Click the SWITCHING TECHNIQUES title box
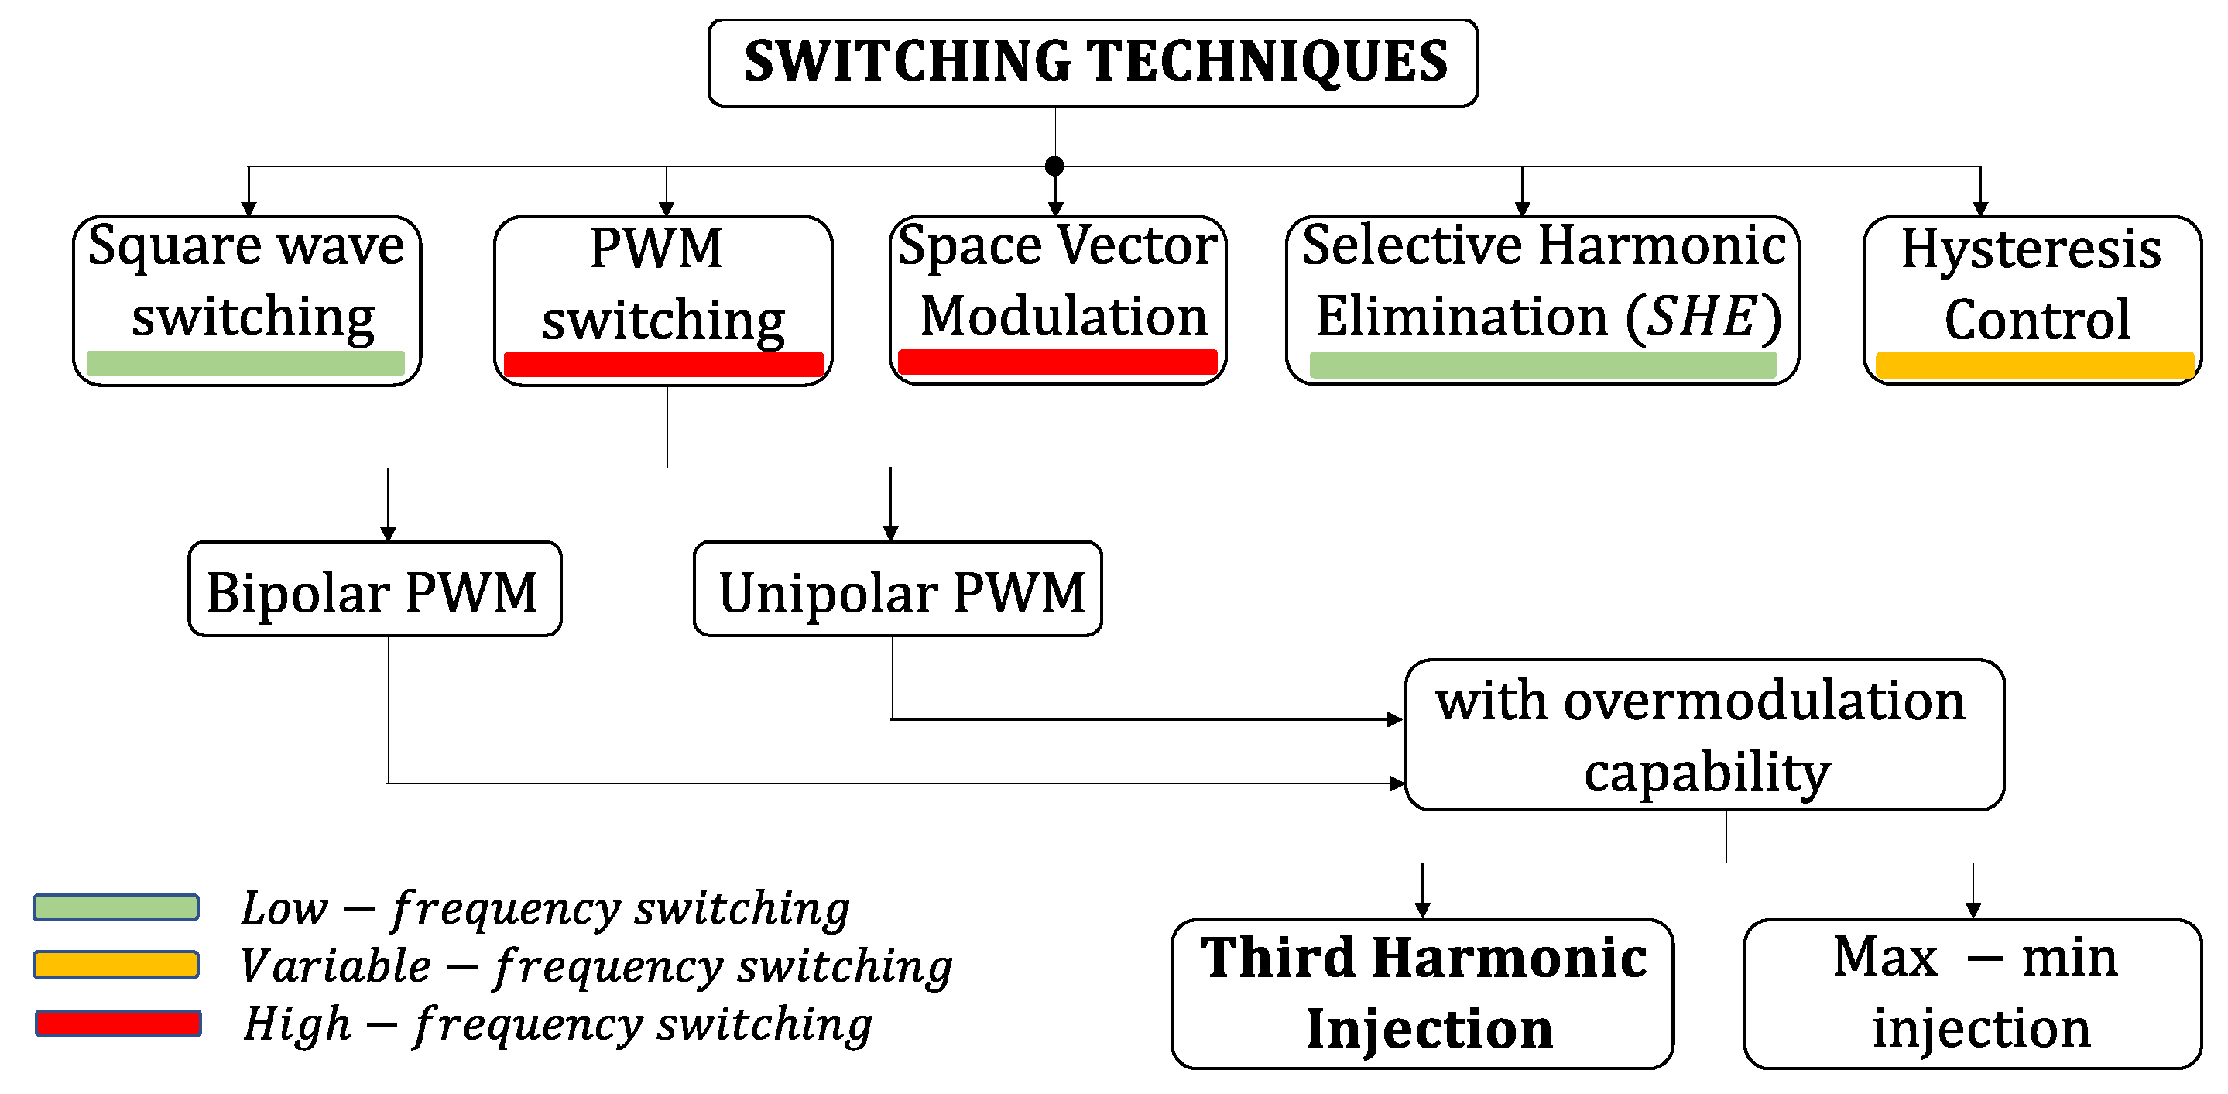coord(1092,62)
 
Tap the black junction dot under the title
coord(1054,166)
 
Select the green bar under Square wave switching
coord(245,363)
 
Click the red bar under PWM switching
coord(663,364)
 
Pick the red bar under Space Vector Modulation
coord(1057,362)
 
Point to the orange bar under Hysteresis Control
coord(2034,365)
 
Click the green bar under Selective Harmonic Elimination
coord(1543,365)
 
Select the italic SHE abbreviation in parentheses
coord(1702,317)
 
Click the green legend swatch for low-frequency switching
coord(116,907)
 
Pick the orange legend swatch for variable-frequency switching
coord(116,964)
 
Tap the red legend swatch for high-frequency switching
coord(118,1023)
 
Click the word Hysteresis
coord(2031,249)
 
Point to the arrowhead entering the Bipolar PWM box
coord(389,533)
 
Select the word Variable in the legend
coord(335,965)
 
